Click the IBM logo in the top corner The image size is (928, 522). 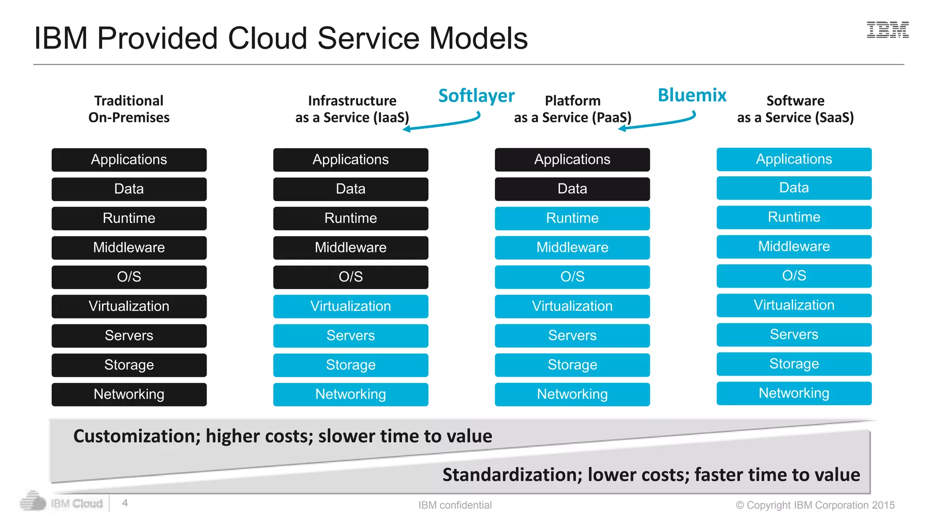pyautogui.click(x=887, y=30)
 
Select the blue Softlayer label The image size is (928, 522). pyautogui.click(x=476, y=96)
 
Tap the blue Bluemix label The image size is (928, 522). pyautogui.click(x=691, y=95)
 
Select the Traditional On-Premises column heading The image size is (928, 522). pyautogui.click(x=129, y=109)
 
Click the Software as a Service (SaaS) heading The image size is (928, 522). pyautogui.click(x=795, y=109)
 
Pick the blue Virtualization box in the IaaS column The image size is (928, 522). pyautogui.click(x=350, y=306)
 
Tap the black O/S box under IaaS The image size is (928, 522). pyautogui.click(x=350, y=277)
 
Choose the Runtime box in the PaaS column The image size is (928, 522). pyautogui.click(x=572, y=218)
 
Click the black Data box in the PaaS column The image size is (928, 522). pyautogui.click(x=572, y=189)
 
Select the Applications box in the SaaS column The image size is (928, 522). pyautogui.click(x=794, y=159)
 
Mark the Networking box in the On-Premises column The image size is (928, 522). pyautogui.click(x=129, y=394)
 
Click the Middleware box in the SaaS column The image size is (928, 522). pyautogui.click(x=794, y=246)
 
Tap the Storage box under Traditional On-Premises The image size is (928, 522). pyautogui.click(x=129, y=365)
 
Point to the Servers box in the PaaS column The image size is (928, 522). pyautogui.click(x=572, y=336)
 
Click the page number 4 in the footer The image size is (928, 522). pyautogui.click(x=125, y=503)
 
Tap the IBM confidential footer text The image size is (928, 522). pyautogui.click(x=454, y=505)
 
